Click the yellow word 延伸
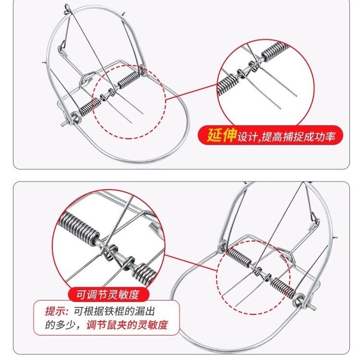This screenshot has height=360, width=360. tap(222, 135)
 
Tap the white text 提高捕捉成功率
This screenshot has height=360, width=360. tap(298, 136)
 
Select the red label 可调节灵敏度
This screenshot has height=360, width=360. tap(108, 295)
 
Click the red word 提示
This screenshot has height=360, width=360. tap(56, 312)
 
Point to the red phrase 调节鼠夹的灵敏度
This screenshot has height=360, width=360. tap(127, 325)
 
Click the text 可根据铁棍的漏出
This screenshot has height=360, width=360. tap(114, 312)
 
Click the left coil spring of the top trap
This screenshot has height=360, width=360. tap(90, 107)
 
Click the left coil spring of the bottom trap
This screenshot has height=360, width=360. tap(238, 257)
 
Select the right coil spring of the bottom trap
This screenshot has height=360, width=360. tap(282, 286)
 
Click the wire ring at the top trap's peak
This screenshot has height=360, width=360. tap(67, 9)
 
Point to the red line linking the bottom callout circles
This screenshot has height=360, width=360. tap(191, 263)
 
